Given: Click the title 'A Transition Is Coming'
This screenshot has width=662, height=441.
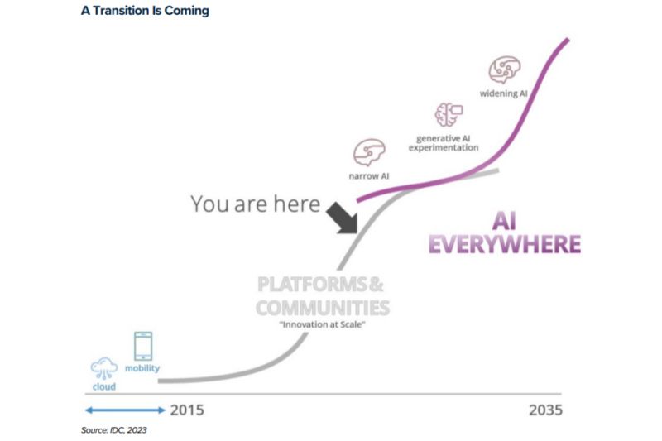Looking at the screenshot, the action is (145, 11).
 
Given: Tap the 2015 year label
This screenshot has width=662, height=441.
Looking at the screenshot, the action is (187, 410).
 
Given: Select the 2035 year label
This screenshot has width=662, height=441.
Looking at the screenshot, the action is (545, 410).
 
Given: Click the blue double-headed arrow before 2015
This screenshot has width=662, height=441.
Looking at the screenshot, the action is (125, 410).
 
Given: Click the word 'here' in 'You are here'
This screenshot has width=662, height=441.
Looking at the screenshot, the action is (297, 204).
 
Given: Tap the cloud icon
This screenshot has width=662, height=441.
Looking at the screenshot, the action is (104, 368).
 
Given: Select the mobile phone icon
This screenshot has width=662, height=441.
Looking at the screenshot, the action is (143, 346).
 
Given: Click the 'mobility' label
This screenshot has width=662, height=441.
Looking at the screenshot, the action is (142, 368).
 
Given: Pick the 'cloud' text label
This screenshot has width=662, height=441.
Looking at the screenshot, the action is (104, 386).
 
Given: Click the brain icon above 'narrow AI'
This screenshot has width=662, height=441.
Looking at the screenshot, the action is (369, 152).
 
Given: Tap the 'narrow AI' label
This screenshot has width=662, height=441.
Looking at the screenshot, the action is (368, 176).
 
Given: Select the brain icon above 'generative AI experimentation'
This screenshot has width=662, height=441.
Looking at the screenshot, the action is (449, 114).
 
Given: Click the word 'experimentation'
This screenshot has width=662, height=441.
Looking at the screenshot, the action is (444, 148).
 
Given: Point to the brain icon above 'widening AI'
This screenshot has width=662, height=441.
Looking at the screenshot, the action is (505, 70).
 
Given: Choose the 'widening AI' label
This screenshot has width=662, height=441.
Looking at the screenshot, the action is (504, 93).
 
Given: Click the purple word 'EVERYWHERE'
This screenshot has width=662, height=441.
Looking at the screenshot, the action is (505, 244).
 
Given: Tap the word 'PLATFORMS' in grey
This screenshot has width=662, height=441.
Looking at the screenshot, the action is (312, 285).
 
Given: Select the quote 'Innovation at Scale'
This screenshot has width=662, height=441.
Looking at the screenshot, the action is (322, 324).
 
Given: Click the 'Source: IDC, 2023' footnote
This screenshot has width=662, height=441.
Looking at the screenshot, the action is (114, 430).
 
